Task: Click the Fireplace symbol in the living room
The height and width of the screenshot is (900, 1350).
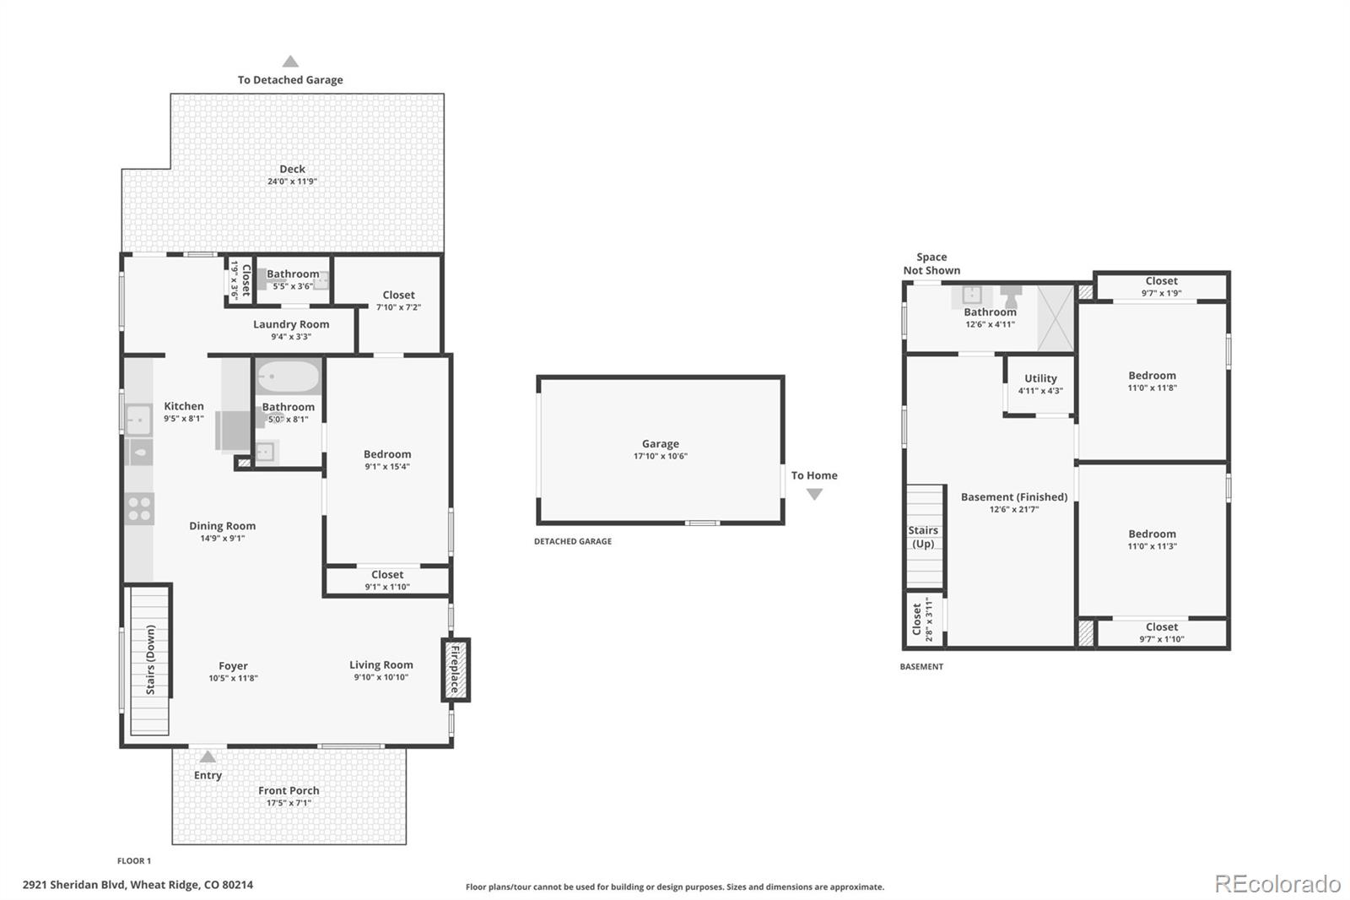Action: tap(456, 670)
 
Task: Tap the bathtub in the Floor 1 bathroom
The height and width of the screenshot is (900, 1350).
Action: tap(289, 377)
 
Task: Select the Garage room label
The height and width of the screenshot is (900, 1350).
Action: tap(660, 444)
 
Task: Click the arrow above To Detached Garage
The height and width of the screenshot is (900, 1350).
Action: tap(290, 62)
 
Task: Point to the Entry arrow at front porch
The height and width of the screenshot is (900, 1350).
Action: tap(208, 757)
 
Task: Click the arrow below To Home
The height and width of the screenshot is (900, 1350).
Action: tap(814, 495)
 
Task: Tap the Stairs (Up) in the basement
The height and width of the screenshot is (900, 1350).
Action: tap(924, 537)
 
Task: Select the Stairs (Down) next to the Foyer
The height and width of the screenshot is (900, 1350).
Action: tap(150, 660)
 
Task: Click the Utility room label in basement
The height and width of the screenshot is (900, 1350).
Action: tap(1040, 379)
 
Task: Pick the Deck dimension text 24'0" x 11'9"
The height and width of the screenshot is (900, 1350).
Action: tap(292, 182)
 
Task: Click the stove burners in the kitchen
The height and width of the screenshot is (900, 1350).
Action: tap(139, 509)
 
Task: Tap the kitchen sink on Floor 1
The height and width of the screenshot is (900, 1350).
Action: tap(138, 418)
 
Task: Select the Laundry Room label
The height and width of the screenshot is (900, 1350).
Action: tap(291, 324)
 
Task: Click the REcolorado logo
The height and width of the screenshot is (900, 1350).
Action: tap(1277, 884)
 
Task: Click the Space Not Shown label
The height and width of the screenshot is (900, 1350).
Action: tap(931, 263)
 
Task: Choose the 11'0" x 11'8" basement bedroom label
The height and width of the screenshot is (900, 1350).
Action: tap(1152, 382)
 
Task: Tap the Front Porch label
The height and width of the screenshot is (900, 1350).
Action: tap(289, 791)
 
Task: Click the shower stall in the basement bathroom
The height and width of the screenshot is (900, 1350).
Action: tap(1055, 318)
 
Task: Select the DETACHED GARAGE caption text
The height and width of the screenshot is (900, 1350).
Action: tap(572, 541)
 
